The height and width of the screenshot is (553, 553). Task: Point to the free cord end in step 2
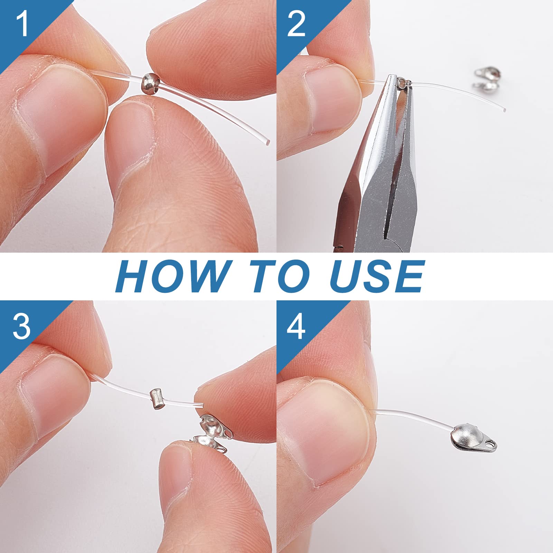[505, 110]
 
